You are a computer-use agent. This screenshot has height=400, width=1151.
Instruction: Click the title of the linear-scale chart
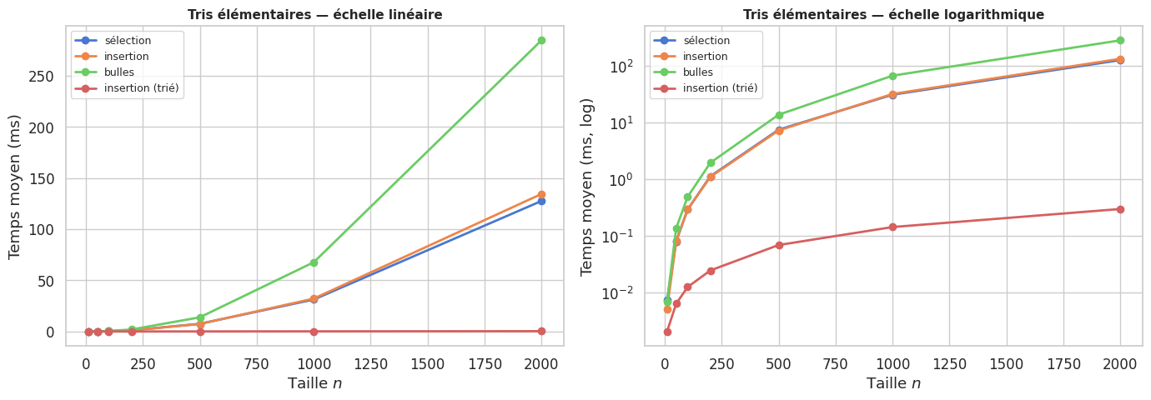coord(314,14)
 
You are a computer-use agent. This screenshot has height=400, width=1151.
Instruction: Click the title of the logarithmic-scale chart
coord(893,14)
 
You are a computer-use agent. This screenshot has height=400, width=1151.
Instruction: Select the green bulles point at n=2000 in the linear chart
coord(541,40)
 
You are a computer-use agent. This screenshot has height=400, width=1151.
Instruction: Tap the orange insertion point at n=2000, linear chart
coord(541,194)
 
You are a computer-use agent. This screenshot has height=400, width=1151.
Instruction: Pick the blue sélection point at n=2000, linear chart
coord(541,201)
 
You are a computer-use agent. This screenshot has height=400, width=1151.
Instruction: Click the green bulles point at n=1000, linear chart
coord(314,262)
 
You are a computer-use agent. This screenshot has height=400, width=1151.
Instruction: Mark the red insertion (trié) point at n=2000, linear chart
coord(541,331)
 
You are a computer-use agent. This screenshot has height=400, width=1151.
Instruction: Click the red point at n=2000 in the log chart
coord(1120,209)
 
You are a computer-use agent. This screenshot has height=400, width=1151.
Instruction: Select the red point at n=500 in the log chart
coord(779,245)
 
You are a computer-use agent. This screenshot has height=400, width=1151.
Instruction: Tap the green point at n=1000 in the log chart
coord(892,76)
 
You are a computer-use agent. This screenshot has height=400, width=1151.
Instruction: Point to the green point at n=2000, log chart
coord(1120,40)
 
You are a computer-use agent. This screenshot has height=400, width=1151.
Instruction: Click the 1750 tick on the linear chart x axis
coord(485,363)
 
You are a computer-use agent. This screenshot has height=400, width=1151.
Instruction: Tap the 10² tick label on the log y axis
coord(621,66)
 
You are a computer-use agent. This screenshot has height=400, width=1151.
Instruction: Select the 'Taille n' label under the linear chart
coord(314,383)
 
